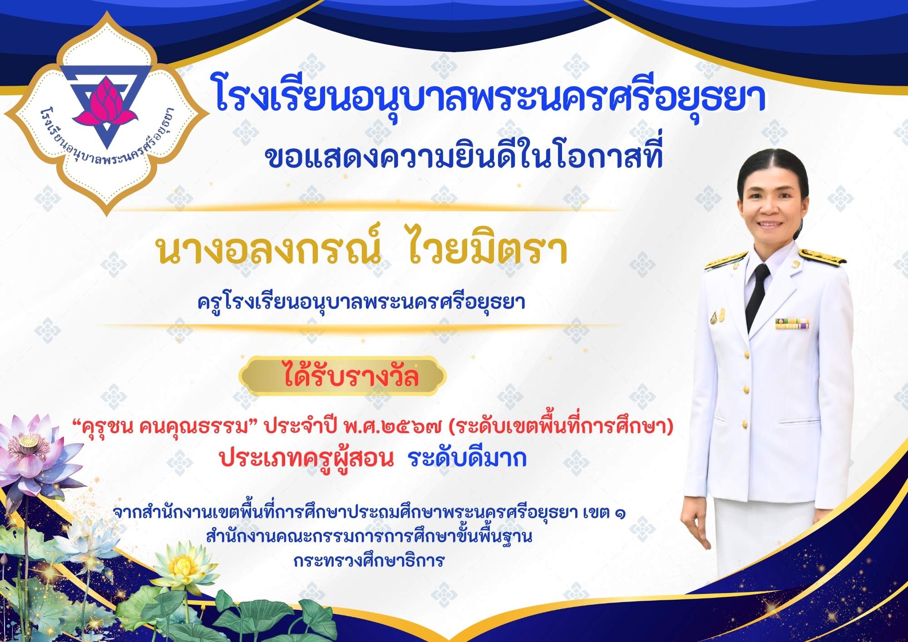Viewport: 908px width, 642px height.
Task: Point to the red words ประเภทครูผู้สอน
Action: point(306,459)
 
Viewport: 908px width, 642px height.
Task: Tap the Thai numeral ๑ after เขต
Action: point(620,514)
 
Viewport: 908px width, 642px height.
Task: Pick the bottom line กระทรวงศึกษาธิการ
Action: point(369,561)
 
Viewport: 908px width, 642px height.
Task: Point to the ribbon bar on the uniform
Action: point(792,323)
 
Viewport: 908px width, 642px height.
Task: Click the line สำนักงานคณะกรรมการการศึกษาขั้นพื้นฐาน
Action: point(369,537)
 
